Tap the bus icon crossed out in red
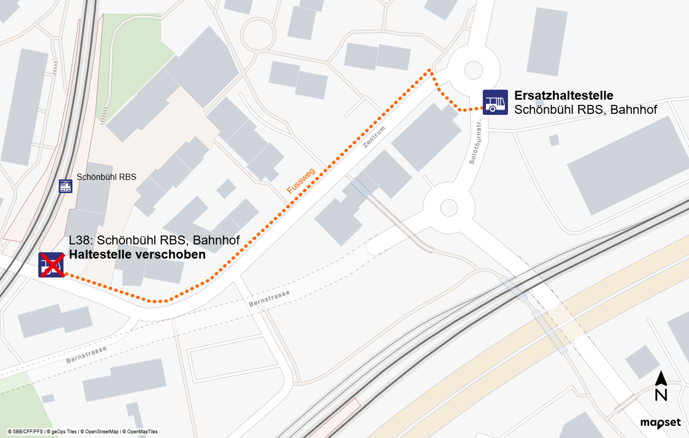tap(51, 265)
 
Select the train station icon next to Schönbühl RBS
tap(66, 186)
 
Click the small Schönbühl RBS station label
tap(107, 177)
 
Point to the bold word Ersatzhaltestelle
tap(564, 95)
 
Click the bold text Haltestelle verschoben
tap(137, 255)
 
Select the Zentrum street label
tap(374, 137)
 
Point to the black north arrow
tap(661, 378)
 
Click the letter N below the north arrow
tap(661, 394)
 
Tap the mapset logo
tap(660, 423)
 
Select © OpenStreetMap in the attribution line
tap(99, 432)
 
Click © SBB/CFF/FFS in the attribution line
tap(25, 432)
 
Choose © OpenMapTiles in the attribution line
tap(139, 432)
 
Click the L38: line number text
tap(82, 241)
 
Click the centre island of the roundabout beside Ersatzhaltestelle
tap(473, 70)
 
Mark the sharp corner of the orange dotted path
tap(430, 69)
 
